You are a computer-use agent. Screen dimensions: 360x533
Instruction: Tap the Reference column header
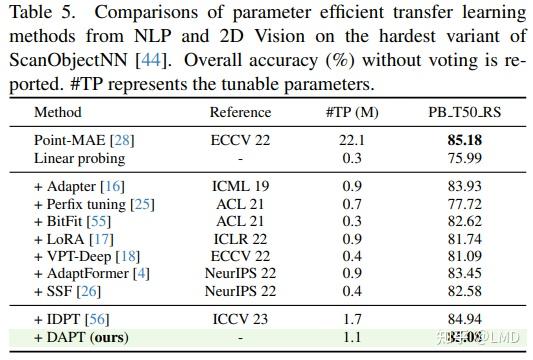(240, 113)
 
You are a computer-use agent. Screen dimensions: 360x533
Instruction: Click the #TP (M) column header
(350, 113)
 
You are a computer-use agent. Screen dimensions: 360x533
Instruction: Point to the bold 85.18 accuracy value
(463, 140)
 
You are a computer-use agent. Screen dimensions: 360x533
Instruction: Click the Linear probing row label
(79, 157)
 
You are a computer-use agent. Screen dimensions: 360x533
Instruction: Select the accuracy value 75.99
(463, 157)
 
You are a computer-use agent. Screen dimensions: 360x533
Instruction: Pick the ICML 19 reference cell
(240, 186)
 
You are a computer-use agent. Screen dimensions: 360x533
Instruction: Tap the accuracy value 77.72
(463, 204)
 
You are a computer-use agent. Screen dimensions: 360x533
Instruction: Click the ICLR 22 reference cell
(240, 239)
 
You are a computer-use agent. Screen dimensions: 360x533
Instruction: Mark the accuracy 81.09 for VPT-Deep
(463, 256)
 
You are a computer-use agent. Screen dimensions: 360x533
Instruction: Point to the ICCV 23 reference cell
(240, 320)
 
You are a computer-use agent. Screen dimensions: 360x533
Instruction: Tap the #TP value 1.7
(350, 320)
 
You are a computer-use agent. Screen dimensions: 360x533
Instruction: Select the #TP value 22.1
(350, 140)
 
